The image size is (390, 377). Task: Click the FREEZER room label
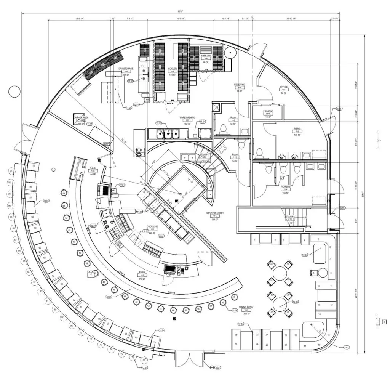pyautogui.click(x=206, y=56)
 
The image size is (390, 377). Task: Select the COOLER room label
pyautogui.click(x=173, y=69)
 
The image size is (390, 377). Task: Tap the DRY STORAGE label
pyautogui.click(x=126, y=69)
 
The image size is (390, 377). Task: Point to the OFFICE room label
pyautogui.click(x=284, y=87)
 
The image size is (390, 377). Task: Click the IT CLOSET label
pyautogui.click(x=268, y=111)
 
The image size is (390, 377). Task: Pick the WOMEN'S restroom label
pyautogui.click(x=286, y=187)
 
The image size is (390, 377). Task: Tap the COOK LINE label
pyautogui.click(x=152, y=226)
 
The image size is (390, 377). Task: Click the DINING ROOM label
pyautogui.click(x=246, y=307)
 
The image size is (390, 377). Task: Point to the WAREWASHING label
pyautogui.click(x=187, y=118)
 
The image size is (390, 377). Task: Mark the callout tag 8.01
pyautogui.click(x=346, y=347)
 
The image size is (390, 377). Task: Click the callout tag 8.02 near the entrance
pyautogui.click(x=217, y=367)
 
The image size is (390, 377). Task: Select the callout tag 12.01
pyautogui.click(x=144, y=368)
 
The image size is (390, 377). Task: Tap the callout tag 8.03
pyautogui.click(x=339, y=109)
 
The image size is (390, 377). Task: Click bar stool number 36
pyautogui.click(x=223, y=303)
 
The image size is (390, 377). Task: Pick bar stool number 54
pyautogui.click(x=64, y=193)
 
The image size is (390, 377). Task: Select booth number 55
pyautogui.click(x=34, y=166)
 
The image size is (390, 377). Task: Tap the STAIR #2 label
pyautogui.click(x=291, y=217)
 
